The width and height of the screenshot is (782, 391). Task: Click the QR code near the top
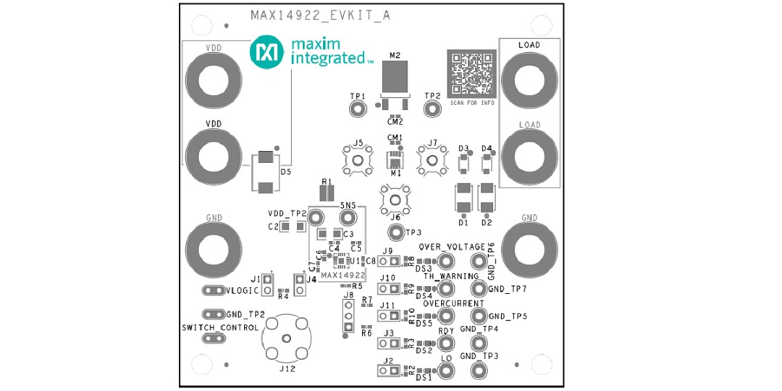click(x=471, y=73)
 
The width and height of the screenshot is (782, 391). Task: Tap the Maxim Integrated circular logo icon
click(x=266, y=53)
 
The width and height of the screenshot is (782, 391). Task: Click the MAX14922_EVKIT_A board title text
click(x=320, y=14)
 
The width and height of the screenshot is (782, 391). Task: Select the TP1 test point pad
click(x=357, y=109)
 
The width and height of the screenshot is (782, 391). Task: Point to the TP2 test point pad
click(x=432, y=109)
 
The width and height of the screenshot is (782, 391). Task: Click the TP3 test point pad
click(x=395, y=232)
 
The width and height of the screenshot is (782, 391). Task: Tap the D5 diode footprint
click(x=266, y=172)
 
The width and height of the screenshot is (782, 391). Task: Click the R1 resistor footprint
click(x=327, y=193)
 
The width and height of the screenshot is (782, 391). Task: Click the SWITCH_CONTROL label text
click(x=220, y=327)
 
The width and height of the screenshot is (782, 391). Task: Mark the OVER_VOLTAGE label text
click(x=451, y=246)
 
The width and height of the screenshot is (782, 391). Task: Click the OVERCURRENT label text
click(x=453, y=304)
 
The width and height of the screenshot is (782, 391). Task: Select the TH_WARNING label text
click(x=451, y=276)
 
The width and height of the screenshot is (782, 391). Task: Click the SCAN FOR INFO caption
click(x=472, y=104)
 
